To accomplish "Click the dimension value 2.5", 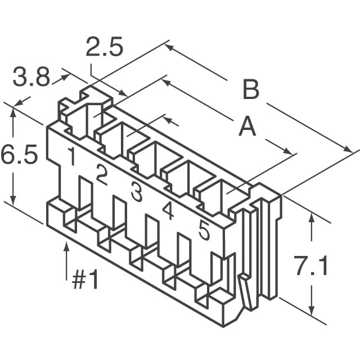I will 104,48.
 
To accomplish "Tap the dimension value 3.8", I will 31,78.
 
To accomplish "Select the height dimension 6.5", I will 19,155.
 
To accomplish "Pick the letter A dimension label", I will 247,128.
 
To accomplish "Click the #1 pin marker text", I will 85,280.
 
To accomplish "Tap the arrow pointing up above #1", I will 67,247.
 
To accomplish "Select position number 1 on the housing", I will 71,157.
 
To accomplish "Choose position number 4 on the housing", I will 168,210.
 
